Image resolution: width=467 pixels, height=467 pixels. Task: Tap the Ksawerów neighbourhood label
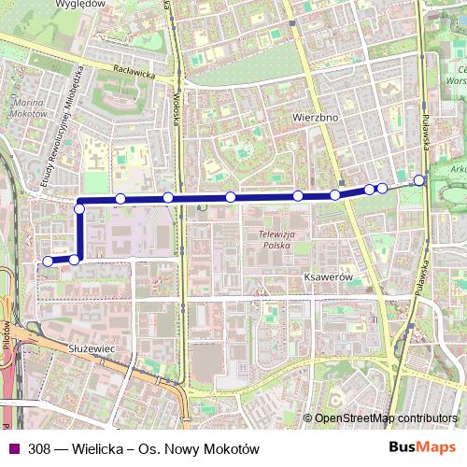click(326, 277)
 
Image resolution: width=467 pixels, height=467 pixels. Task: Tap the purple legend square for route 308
click(12, 449)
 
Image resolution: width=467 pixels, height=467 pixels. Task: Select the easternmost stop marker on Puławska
click(419, 180)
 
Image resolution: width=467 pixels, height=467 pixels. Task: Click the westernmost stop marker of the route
click(48, 262)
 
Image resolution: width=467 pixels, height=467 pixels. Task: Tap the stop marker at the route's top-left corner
click(79, 208)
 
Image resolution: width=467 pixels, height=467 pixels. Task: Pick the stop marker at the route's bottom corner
click(75, 259)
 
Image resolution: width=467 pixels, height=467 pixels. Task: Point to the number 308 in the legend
click(39, 449)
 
